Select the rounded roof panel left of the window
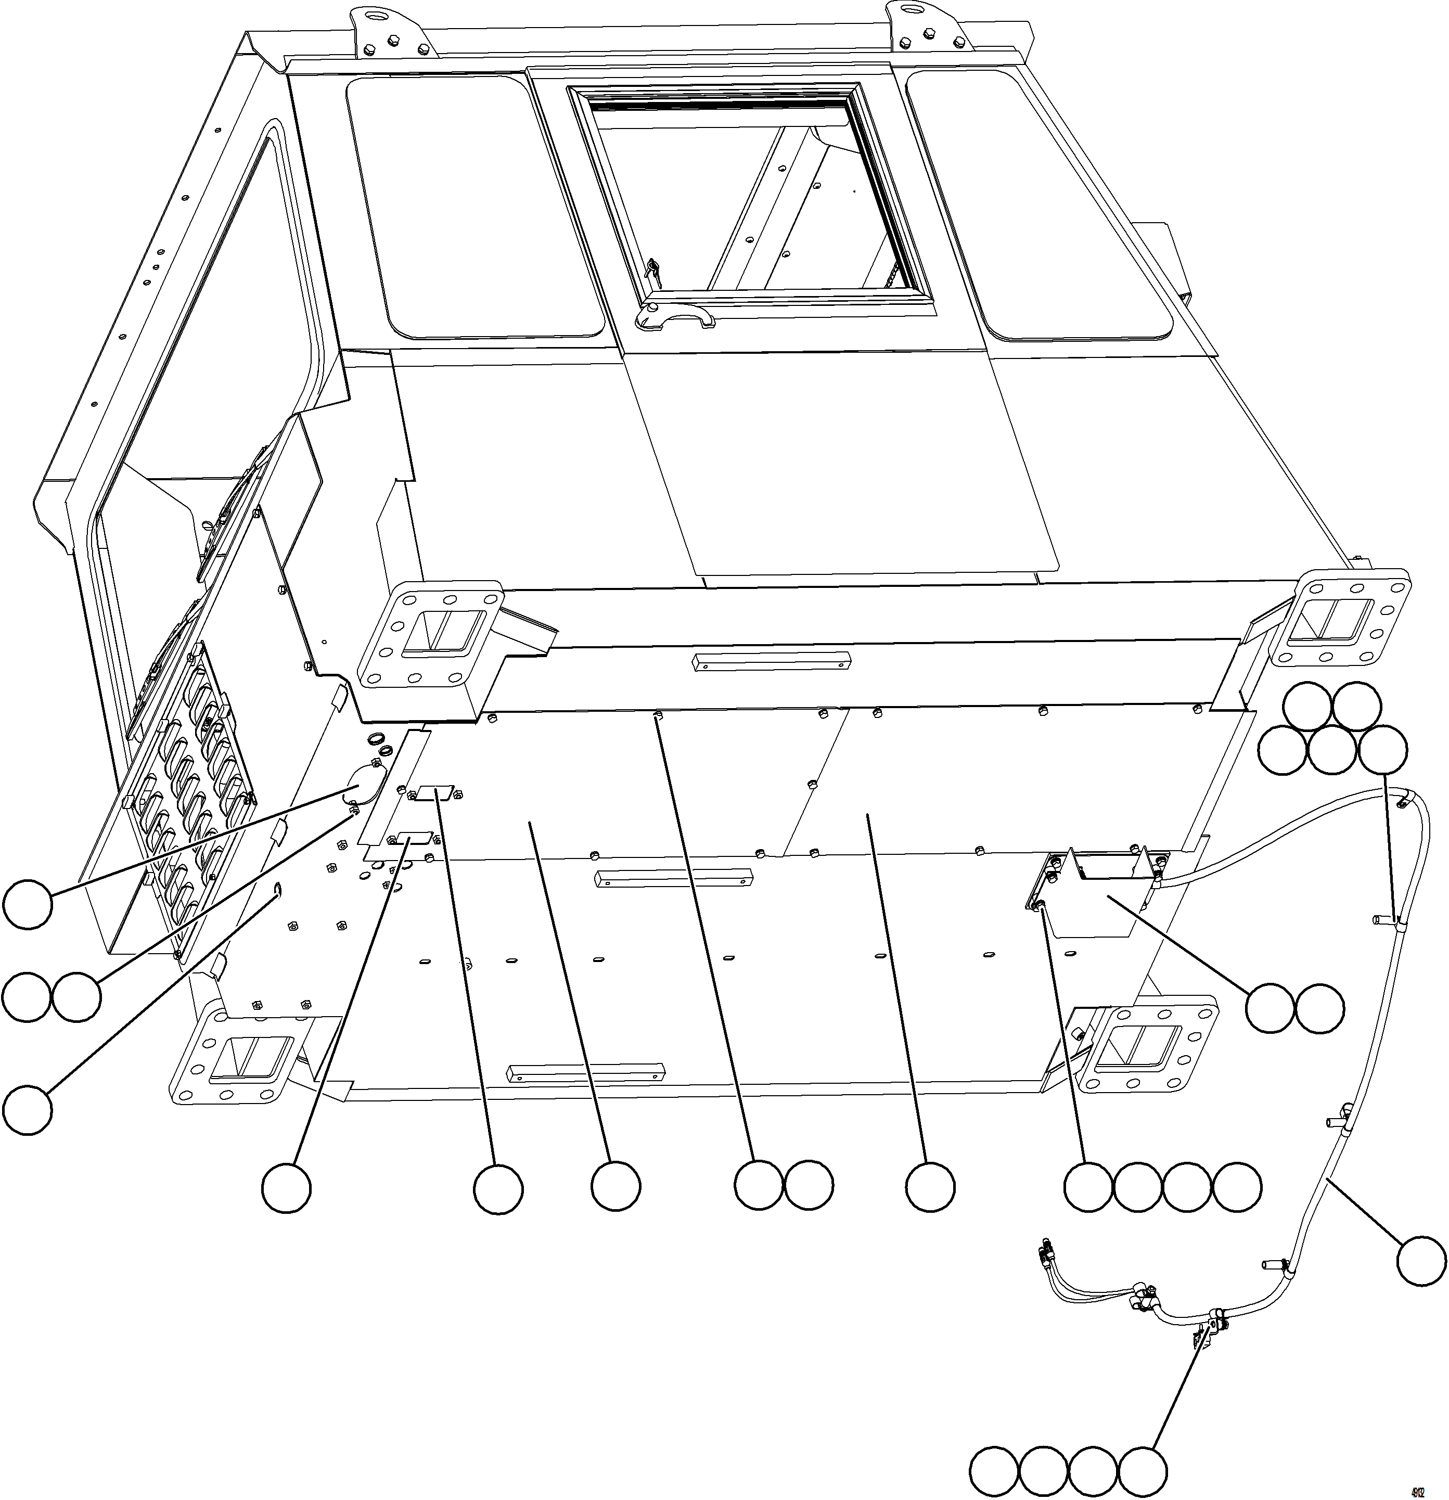click(474, 207)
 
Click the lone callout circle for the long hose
click(1421, 1260)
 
